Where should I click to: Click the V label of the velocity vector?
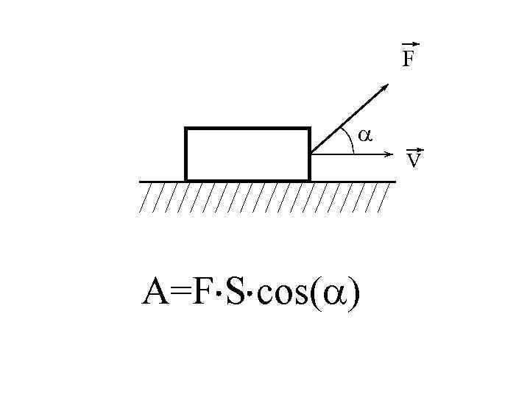point(414,160)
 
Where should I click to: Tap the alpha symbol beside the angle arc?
point(364,135)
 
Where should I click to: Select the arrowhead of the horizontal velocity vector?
point(390,154)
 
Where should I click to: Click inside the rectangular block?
point(247,154)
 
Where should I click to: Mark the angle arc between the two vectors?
point(352,142)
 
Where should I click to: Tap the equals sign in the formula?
point(180,294)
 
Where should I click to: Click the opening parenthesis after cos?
point(315,294)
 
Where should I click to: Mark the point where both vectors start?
point(311,154)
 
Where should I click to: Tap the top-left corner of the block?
point(186,129)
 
